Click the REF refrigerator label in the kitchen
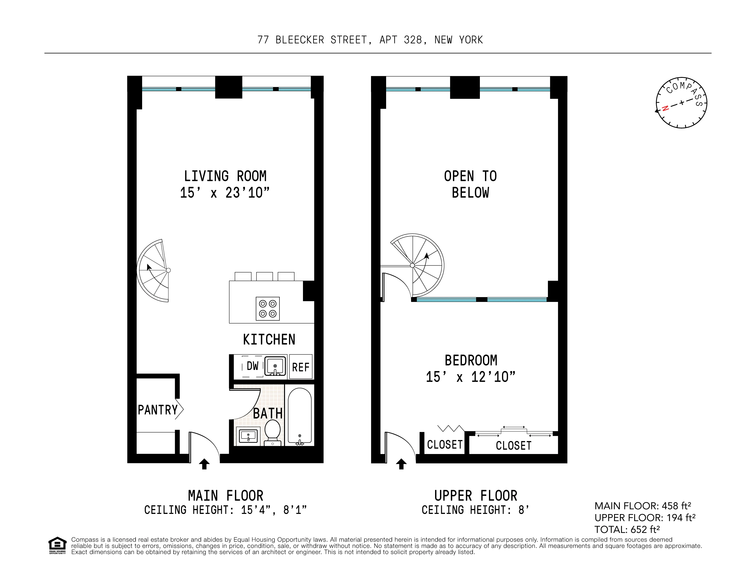click(x=301, y=367)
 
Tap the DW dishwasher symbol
click(x=252, y=366)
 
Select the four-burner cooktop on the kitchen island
click(x=268, y=309)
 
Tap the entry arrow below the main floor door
click(x=204, y=464)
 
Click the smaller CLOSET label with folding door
click(x=445, y=445)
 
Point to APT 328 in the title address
click(x=401, y=40)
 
